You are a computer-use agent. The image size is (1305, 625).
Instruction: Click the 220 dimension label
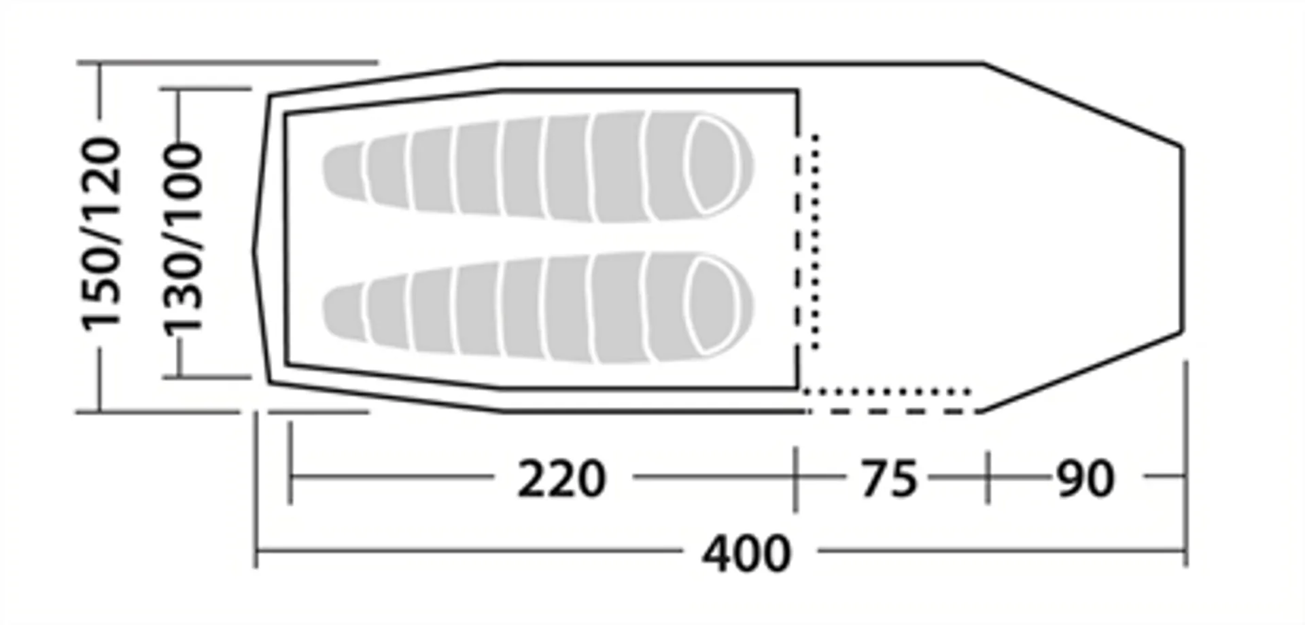(x=561, y=479)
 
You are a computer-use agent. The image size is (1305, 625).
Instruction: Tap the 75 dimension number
(x=889, y=478)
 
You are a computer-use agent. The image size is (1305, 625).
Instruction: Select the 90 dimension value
(x=1085, y=479)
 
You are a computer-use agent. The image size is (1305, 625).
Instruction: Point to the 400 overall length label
(x=746, y=554)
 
